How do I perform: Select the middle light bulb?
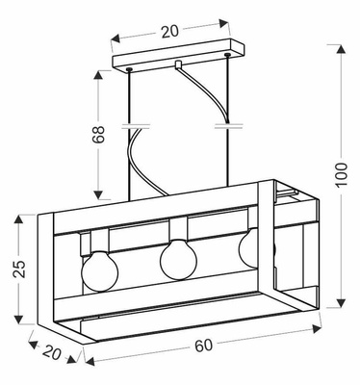[x=177, y=259]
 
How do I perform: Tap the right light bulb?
[x=255, y=252]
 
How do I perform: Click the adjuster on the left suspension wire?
[x=130, y=125]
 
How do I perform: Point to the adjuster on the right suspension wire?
[x=227, y=125]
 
